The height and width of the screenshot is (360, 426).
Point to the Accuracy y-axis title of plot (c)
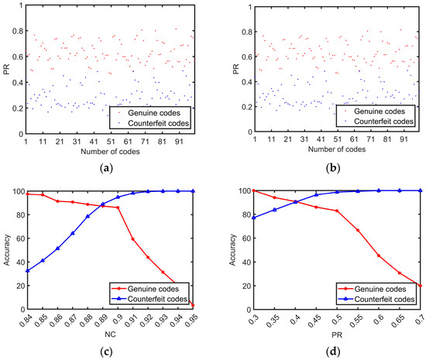pyautogui.click(x=7, y=249)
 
